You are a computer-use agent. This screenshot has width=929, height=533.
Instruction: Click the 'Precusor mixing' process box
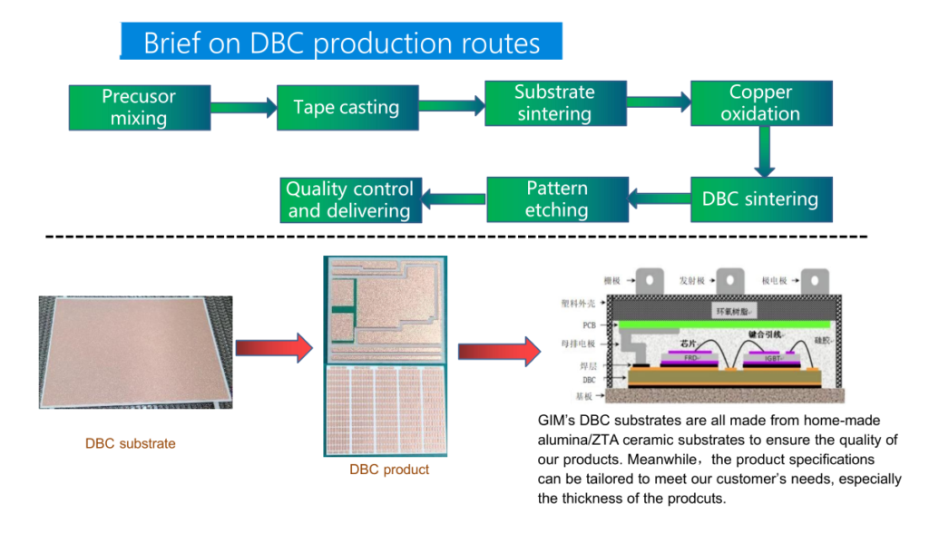click(140, 108)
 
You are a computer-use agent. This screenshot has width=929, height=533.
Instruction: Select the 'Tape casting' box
click(347, 108)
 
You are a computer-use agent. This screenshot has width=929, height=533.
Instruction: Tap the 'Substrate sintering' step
click(554, 103)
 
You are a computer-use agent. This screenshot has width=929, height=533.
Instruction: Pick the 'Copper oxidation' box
click(760, 103)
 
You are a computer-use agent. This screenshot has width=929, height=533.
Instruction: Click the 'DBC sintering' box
click(760, 199)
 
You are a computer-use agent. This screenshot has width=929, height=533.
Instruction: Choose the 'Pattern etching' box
click(557, 199)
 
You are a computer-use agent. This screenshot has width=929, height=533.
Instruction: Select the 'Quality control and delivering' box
click(349, 200)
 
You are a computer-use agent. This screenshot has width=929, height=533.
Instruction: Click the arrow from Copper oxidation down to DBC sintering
click(765, 150)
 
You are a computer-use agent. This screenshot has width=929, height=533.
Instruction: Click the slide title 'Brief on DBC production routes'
click(341, 43)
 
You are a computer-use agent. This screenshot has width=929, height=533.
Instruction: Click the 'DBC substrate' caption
click(131, 444)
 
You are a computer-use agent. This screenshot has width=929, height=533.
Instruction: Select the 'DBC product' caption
click(389, 470)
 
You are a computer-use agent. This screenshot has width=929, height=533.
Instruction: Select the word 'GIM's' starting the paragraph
click(556, 421)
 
